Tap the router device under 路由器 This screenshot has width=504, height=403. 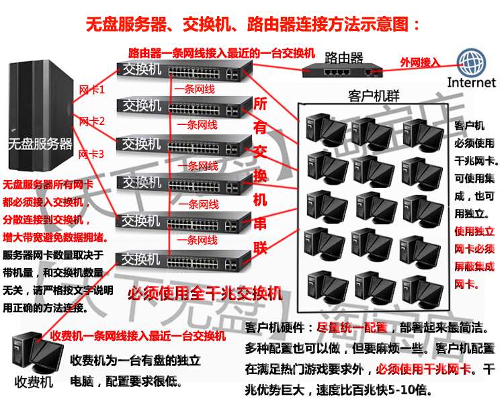339,70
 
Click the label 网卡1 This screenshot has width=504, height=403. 92,89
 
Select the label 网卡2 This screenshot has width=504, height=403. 92,122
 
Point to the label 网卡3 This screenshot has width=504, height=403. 92,154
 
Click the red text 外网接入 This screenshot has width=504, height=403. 419,62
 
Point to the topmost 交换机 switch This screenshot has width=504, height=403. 185,70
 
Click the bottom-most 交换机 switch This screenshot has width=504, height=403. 185,259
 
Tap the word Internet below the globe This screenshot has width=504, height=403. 472,83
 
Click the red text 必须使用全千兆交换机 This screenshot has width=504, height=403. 204,292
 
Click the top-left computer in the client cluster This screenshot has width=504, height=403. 321,127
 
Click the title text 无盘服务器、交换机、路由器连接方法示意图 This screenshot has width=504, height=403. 253,26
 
